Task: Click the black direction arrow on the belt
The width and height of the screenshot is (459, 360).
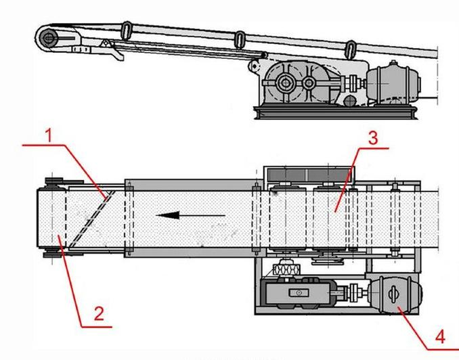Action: click(x=190, y=216)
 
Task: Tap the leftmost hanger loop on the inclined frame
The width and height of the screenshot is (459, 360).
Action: click(x=126, y=30)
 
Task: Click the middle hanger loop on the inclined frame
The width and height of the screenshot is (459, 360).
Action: click(x=240, y=39)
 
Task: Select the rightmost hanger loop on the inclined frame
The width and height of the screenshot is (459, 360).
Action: click(x=350, y=49)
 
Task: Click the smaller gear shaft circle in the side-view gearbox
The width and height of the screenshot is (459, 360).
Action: click(x=309, y=85)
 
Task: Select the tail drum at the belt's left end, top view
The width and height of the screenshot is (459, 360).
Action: click(x=51, y=221)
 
